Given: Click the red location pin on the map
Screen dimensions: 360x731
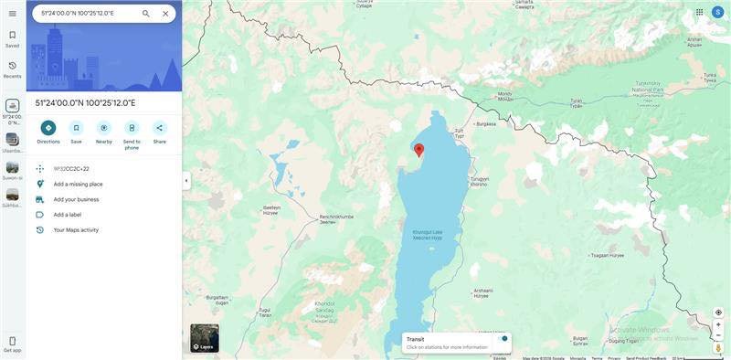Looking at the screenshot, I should (418, 150).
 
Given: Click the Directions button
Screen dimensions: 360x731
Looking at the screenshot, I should (48, 128).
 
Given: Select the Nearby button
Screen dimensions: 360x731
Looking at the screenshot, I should (104, 128).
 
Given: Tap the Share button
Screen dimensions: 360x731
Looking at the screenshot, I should (159, 128).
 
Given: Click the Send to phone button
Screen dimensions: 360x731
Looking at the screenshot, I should (132, 128).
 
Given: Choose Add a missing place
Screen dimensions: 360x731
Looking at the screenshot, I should (78, 184).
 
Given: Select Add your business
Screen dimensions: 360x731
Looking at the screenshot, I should (76, 199).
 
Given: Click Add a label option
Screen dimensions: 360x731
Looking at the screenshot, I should (68, 215).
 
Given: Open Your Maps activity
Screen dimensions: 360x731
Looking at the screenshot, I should (76, 230).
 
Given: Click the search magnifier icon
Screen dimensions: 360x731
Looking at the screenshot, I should (146, 14).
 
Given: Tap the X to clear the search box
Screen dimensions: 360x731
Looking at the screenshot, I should (165, 14).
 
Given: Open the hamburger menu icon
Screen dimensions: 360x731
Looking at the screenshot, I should (13, 14).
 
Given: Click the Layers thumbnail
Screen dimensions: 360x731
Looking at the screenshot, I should (205, 338).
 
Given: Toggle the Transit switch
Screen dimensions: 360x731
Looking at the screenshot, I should (503, 339).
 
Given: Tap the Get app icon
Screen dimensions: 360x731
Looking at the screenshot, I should (13, 342).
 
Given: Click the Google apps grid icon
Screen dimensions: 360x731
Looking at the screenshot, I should (700, 13).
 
